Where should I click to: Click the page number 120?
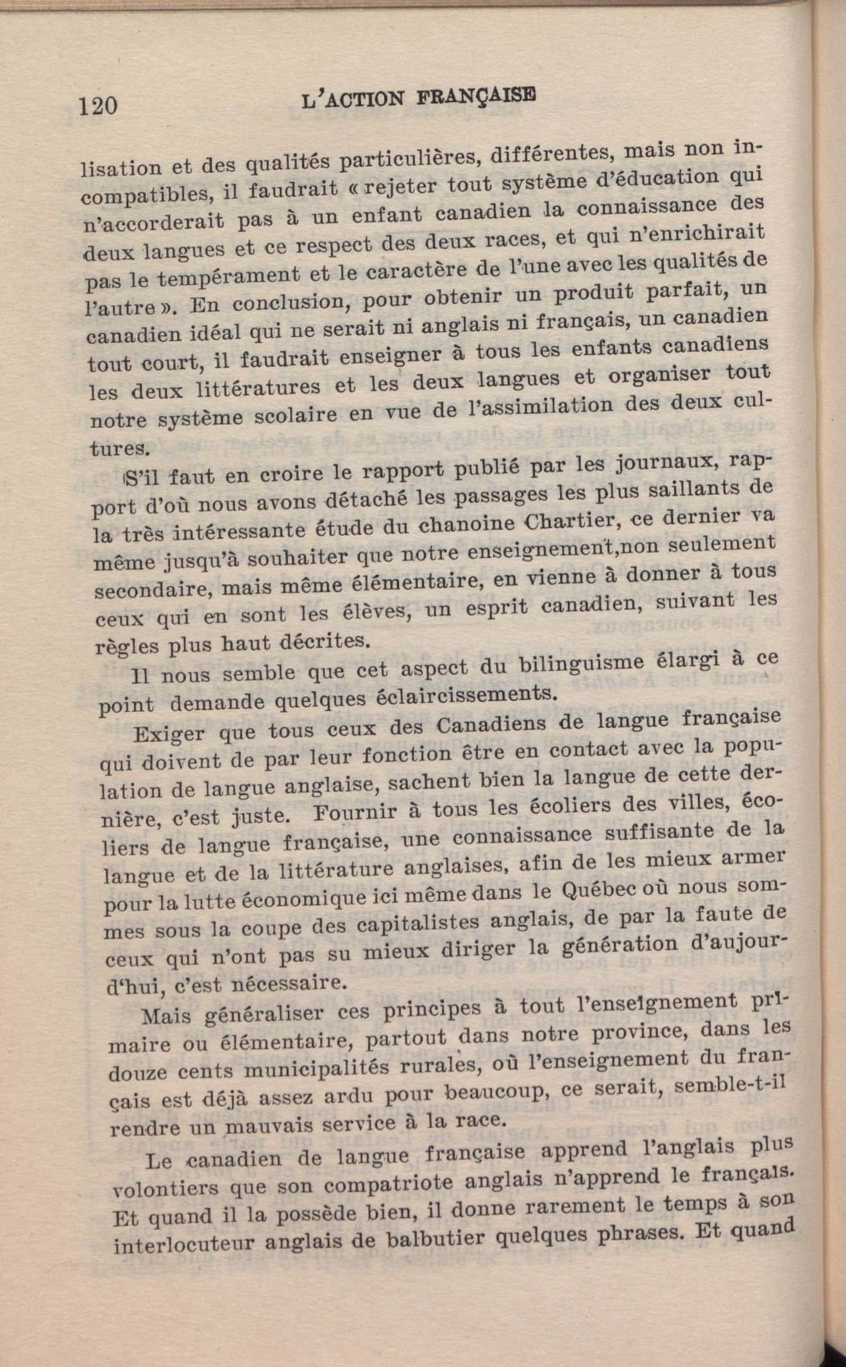click(x=98, y=105)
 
